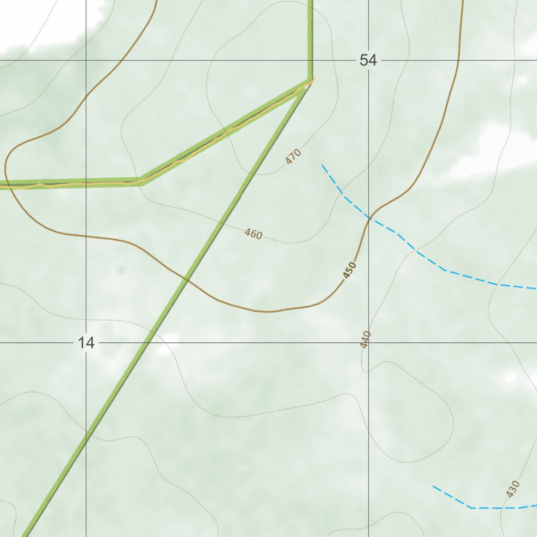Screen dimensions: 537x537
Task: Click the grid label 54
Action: (368, 60)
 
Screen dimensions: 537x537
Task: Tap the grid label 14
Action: (86, 343)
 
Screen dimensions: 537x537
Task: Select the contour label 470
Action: (294, 156)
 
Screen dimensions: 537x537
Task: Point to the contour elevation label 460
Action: (253, 234)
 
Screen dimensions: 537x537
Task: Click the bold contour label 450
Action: (349, 271)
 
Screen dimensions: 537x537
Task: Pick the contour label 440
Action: (366, 339)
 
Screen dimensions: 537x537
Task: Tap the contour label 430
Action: (513, 488)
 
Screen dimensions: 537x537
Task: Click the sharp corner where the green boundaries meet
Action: (310, 81)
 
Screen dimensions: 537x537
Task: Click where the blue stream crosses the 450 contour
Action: (369, 217)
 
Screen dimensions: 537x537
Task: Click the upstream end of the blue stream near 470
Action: (323, 165)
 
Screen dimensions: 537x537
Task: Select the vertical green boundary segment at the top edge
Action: (310, 31)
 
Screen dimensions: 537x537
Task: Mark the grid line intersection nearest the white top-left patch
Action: (86, 60)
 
